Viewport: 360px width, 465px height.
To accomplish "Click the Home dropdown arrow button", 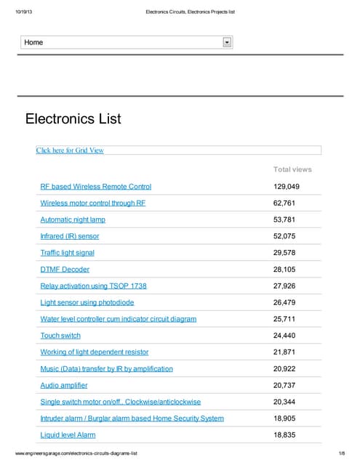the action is (227, 43).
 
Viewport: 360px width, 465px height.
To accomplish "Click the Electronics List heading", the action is (73, 118).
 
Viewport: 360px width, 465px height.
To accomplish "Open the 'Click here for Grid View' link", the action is (70, 150).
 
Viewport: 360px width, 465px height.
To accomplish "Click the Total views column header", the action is (292, 169).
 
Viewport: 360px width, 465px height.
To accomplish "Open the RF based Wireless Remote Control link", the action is (95, 187).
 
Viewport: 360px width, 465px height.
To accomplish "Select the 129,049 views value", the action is (287, 187).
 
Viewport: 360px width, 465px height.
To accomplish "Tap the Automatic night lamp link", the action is (73, 219).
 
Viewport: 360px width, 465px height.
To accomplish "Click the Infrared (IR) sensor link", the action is (70, 236).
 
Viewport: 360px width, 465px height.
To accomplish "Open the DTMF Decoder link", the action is (65, 270).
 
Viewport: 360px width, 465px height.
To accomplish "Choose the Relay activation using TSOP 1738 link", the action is (93, 286).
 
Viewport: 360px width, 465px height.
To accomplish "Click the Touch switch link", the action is (60, 336).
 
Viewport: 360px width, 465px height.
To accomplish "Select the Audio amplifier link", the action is (63, 385).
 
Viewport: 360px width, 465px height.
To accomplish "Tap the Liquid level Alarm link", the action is (68, 434).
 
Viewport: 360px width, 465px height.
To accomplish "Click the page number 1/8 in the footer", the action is (340, 453).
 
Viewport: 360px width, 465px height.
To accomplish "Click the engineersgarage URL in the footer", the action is (76, 453).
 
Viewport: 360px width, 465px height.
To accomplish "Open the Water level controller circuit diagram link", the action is (118, 319).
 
